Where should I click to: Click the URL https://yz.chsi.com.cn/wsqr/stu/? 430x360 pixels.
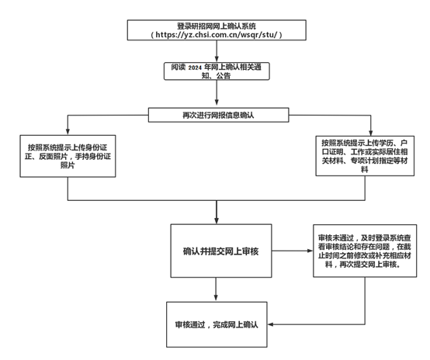coord(217,35)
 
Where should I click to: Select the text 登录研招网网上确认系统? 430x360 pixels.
coord(217,26)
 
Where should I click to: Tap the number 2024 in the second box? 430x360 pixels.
coord(195,67)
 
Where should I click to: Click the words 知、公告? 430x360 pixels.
coord(216,75)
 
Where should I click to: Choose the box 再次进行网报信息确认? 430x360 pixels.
coord(219,115)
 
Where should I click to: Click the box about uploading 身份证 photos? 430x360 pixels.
coord(68,156)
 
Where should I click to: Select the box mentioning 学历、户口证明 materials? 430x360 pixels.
coord(365,156)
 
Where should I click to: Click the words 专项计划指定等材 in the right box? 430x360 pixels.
coord(380,161)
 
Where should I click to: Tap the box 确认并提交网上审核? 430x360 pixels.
coord(221,251)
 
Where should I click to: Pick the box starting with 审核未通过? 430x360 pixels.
coord(365,251)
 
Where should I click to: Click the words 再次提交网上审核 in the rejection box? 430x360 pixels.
coord(368,265)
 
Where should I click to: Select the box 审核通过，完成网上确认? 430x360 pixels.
coord(217,324)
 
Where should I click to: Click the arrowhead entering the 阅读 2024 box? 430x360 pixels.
coord(217,59)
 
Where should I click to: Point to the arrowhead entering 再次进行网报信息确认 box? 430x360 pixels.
coord(217,102)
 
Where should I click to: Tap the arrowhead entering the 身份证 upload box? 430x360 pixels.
coord(68,131)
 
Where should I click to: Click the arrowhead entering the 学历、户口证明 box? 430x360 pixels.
coord(371,133)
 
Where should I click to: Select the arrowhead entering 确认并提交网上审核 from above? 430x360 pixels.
coord(217,220)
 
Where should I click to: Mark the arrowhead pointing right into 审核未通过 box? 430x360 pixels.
coord(310,251)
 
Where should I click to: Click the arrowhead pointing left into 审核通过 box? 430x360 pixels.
coord(270,324)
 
